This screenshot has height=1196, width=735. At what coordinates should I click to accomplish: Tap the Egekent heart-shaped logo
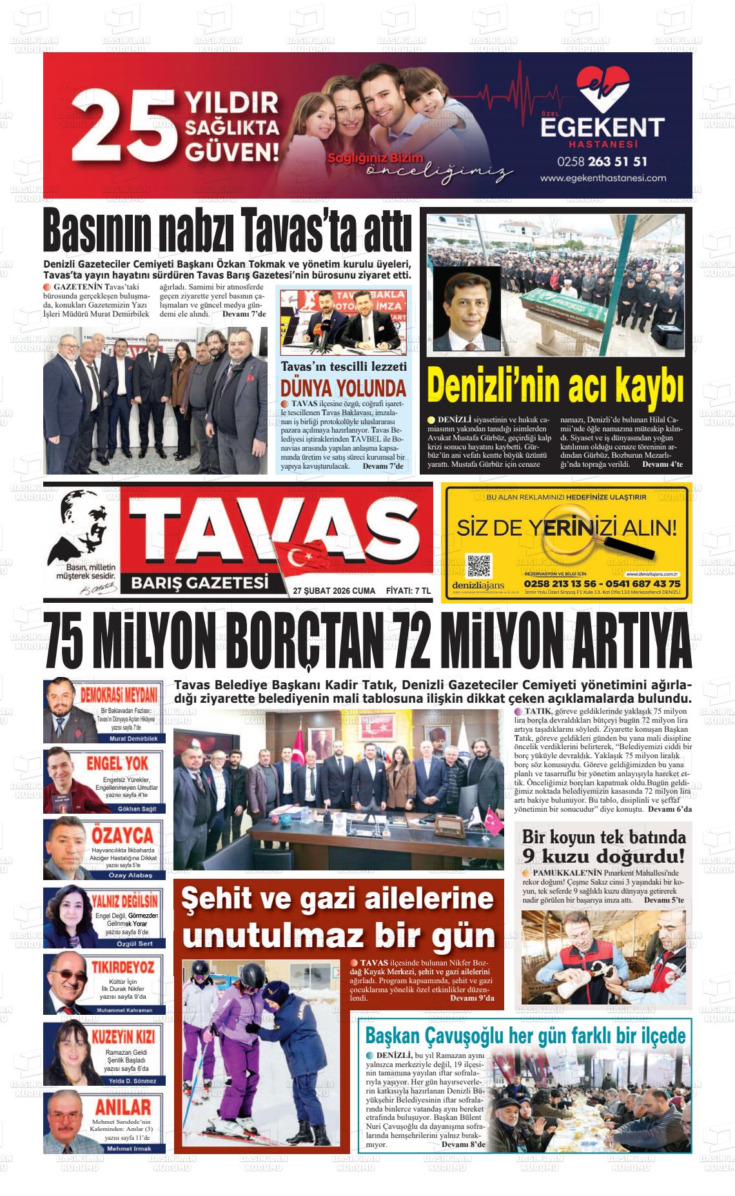pos(602,89)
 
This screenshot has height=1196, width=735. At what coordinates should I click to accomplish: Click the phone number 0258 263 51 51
pos(602,161)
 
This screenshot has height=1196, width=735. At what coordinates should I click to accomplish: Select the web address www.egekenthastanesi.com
pos(602,178)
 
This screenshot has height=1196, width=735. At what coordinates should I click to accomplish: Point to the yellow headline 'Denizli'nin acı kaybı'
pos(555,386)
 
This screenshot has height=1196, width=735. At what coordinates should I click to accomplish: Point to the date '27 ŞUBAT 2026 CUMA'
pos(333,590)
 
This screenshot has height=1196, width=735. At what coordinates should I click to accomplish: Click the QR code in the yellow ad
pos(478,565)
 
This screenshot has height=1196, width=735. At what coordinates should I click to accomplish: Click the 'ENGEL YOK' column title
pos(117,763)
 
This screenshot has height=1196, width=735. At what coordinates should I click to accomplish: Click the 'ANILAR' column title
pos(122,1108)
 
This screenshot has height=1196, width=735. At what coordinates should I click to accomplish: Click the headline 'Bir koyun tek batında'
pos(603,837)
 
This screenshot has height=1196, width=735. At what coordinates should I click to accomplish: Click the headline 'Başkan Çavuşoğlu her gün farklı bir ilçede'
pos(525,1036)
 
